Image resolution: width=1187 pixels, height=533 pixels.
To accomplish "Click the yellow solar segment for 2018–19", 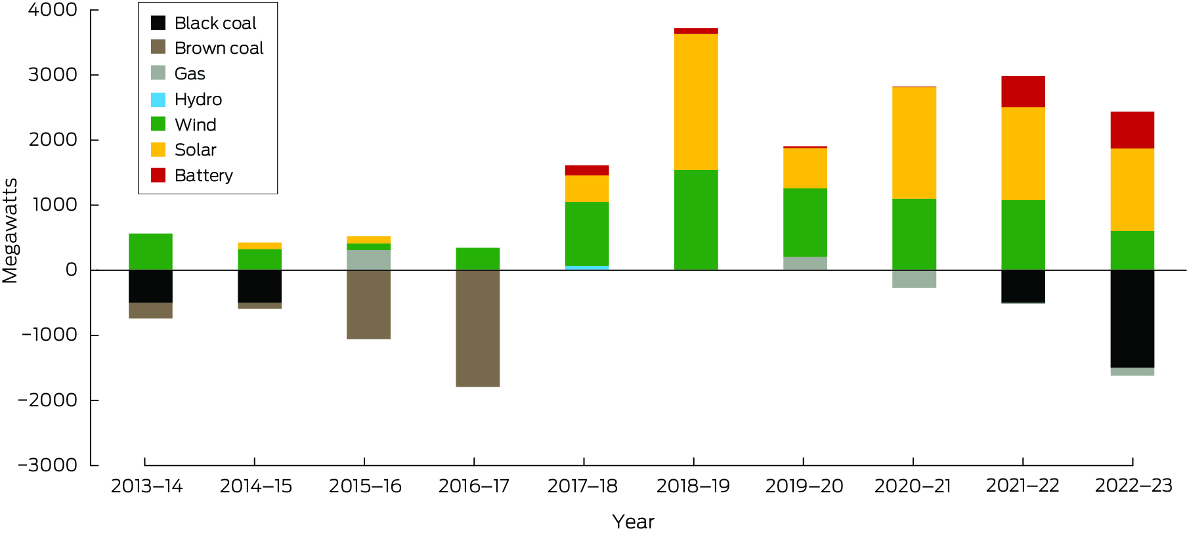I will (696, 102).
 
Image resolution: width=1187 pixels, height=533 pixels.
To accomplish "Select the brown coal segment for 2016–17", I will (477, 328).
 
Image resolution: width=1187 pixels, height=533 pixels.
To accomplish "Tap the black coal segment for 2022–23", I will (1132, 318).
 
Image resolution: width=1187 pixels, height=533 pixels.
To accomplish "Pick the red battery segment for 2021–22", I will (1023, 92).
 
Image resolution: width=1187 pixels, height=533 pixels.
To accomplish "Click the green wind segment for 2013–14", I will (150, 251).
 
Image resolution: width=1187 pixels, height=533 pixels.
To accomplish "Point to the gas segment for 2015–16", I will (368, 259).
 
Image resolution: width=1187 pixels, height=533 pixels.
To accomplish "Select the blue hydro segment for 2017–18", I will (587, 268).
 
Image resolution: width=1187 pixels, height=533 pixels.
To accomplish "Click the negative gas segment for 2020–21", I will (914, 279).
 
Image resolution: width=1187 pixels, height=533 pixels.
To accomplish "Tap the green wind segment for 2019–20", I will (805, 223).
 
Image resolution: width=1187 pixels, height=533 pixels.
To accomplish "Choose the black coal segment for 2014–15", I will (259, 286).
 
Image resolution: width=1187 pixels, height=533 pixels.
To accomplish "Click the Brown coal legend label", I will (219, 48).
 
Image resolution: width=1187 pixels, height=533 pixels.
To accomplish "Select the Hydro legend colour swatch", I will (158, 99).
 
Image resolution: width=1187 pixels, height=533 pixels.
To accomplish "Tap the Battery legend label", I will (204, 175).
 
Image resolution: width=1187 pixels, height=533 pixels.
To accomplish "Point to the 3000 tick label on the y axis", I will (53, 75).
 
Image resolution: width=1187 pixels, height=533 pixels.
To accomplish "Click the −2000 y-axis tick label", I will (48, 400).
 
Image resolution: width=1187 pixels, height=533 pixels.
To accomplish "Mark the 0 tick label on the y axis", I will (71, 270).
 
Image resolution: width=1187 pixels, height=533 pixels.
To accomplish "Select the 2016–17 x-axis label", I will (474, 486).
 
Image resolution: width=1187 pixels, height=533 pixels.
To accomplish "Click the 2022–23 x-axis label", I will (1133, 486).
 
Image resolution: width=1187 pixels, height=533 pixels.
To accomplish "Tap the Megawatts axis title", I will (11, 230).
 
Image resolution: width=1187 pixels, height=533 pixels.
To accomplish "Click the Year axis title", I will (633, 521).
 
